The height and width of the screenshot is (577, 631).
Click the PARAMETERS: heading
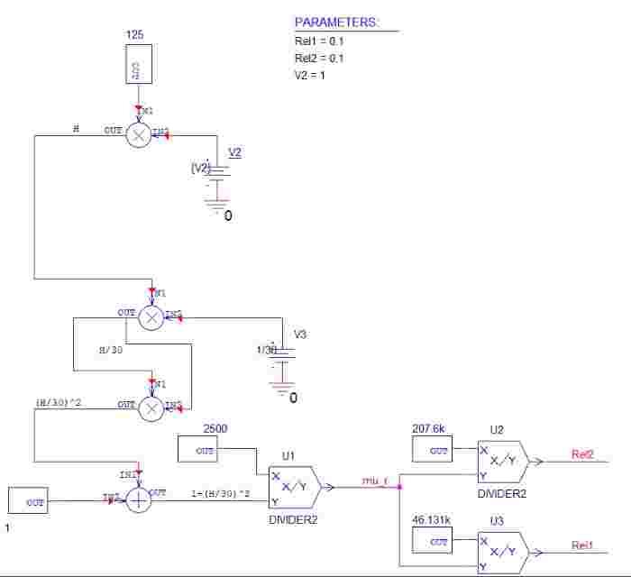tap(337, 23)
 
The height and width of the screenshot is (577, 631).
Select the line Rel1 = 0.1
tap(319, 41)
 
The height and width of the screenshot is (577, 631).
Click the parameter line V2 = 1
tap(310, 76)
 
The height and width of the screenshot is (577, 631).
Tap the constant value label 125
tap(134, 34)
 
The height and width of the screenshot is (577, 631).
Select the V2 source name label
tap(234, 152)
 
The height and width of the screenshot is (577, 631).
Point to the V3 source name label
tap(300, 334)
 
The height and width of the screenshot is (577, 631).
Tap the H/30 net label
tap(110, 349)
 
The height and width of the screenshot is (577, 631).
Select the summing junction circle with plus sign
tap(138, 500)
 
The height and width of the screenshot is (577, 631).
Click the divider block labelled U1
tap(291, 488)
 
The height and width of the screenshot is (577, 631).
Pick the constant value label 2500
tap(215, 427)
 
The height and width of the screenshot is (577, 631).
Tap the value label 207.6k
tap(429, 428)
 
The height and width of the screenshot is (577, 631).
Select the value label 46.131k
tap(433, 521)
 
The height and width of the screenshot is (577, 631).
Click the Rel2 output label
tap(582, 454)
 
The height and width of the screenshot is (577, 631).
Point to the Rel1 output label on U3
tap(582, 545)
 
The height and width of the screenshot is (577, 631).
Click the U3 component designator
tap(497, 521)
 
